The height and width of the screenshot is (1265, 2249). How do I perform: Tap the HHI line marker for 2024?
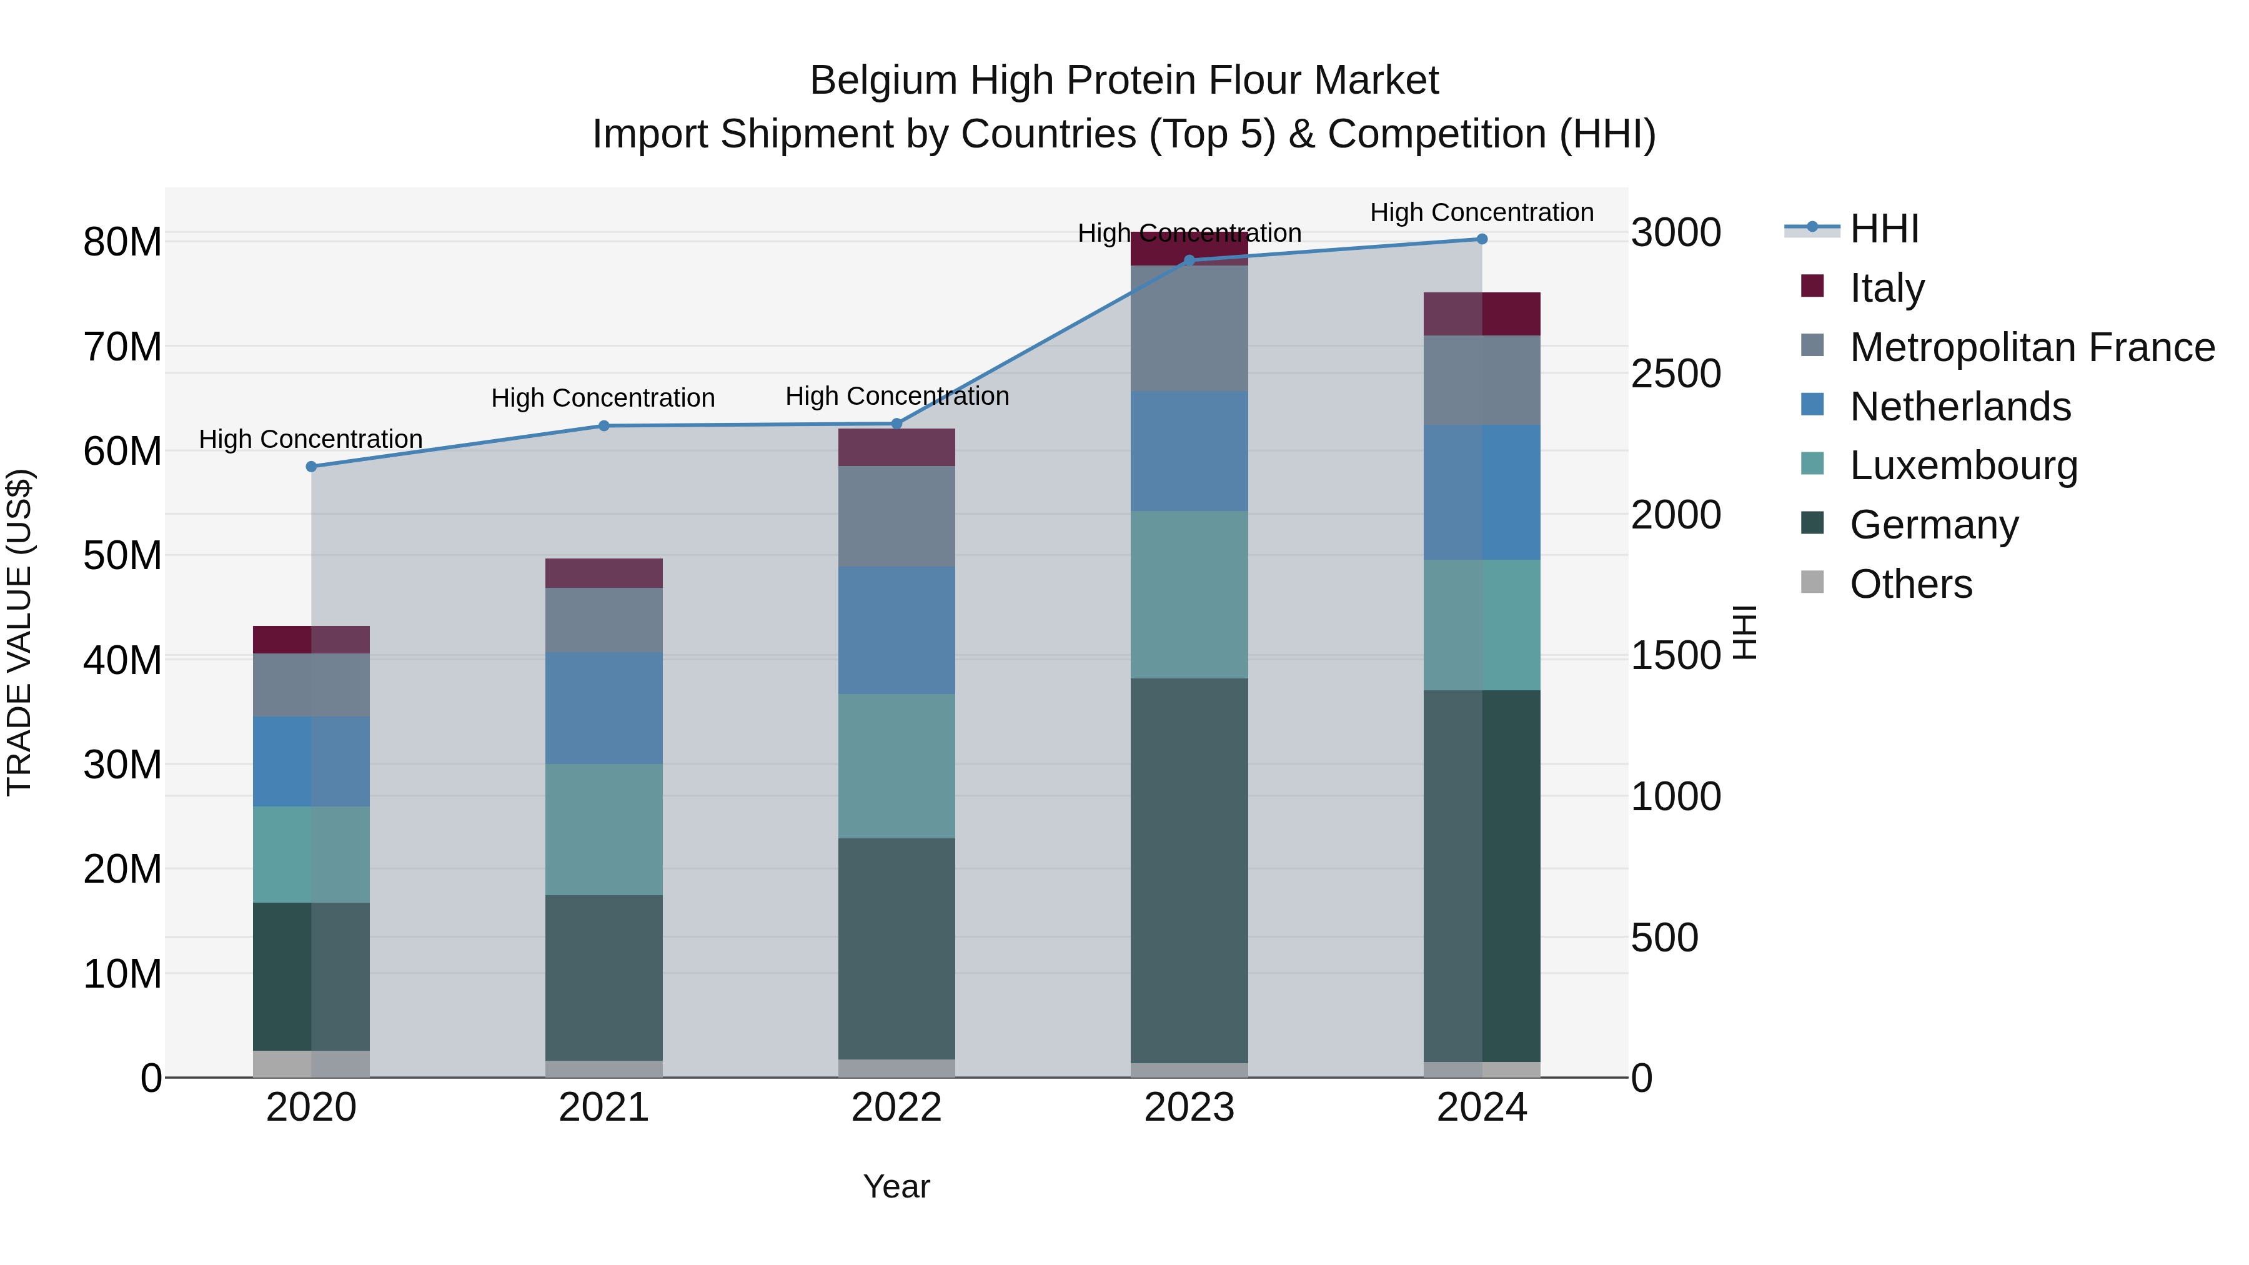[1482, 239]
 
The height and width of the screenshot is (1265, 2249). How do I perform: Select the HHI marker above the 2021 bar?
[603, 425]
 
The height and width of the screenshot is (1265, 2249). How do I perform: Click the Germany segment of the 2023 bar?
[1189, 870]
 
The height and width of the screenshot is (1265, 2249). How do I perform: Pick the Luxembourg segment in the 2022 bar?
[896, 766]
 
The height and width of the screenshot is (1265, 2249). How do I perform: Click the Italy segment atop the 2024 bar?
[1482, 314]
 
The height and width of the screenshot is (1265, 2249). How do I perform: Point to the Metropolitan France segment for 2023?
[1189, 327]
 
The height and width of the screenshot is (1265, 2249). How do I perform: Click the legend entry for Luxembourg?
[1963, 465]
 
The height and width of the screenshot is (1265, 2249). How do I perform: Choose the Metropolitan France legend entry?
[2032, 347]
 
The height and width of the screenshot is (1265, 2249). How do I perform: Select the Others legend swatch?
[1812, 582]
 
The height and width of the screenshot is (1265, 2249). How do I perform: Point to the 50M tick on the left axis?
[122, 555]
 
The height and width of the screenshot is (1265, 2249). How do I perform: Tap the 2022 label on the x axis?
[896, 1108]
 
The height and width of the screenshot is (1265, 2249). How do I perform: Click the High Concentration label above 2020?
[311, 439]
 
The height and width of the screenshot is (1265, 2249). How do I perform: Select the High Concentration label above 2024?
[1482, 212]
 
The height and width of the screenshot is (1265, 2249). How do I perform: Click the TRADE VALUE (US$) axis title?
[19, 632]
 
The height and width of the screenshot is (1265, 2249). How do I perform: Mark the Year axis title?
[896, 1186]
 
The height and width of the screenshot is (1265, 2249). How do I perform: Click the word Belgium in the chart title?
[883, 81]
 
